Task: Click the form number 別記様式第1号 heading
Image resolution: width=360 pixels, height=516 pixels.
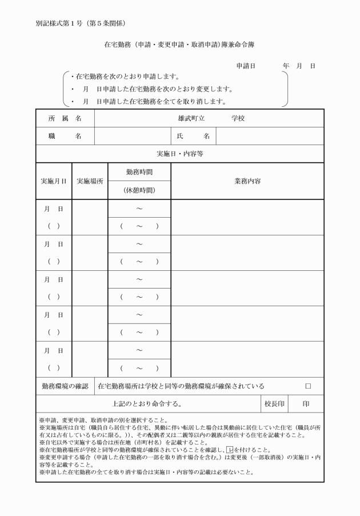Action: (x=80, y=23)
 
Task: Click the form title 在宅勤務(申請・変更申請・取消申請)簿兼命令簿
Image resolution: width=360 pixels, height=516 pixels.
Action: (x=180, y=44)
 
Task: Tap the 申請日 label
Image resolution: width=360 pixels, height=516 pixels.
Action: (x=246, y=66)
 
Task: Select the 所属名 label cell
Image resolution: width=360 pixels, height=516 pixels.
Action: (x=65, y=118)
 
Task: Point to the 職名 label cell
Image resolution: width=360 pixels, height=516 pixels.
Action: (x=65, y=136)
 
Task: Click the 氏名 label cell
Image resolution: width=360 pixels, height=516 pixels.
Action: (x=193, y=136)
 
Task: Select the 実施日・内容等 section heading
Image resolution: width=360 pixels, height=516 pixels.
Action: (x=180, y=154)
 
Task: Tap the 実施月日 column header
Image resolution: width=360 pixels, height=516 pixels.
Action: (x=53, y=181)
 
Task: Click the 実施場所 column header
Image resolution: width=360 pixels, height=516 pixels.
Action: (x=90, y=181)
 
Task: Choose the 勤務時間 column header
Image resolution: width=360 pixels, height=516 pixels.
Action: (x=139, y=171)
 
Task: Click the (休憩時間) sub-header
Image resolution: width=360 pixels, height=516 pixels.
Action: (x=139, y=190)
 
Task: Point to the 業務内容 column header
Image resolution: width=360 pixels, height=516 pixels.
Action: (x=247, y=181)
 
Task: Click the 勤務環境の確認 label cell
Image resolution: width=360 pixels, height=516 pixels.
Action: (x=65, y=386)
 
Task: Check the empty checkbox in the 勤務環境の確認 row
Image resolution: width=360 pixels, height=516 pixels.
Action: (x=309, y=386)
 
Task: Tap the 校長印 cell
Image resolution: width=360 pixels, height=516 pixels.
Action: (x=274, y=404)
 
